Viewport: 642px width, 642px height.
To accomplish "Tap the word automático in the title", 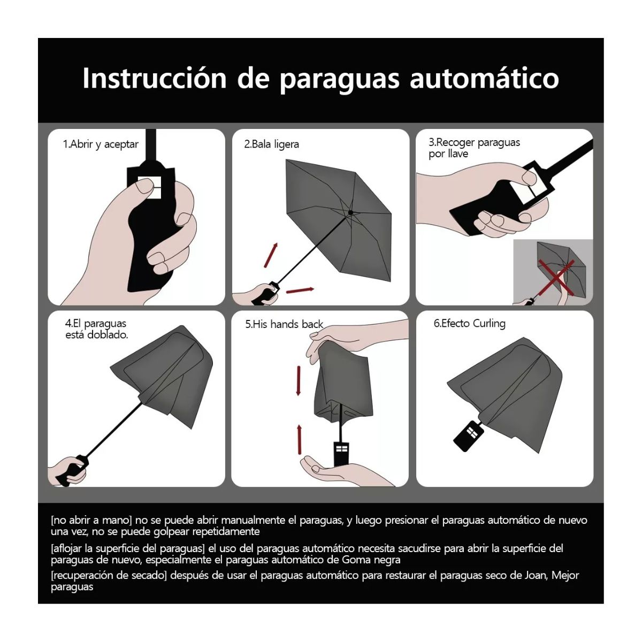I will (x=484, y=78).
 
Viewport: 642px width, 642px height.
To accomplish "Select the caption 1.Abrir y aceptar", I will (x=101, y=144).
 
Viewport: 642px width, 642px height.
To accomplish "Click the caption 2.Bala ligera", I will (x=272, y=144).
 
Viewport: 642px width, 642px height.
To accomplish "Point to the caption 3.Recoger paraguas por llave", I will (x=474, y=148).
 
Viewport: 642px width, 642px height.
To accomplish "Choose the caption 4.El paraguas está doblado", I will (x=96, y=329).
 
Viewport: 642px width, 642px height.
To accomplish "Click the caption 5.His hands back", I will (x=284, y=324).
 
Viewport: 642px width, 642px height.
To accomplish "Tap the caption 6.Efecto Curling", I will (x=469, y=324).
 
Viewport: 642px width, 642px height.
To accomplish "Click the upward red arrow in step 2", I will (x=273, y=254).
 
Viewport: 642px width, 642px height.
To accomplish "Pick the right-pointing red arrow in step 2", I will (x=300, y=290).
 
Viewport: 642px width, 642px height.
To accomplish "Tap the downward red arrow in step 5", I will (x=299, y=381).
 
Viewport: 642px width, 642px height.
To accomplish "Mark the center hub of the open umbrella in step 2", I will (x=350, y=212).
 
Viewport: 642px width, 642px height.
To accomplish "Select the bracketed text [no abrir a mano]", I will (x=91, y=520).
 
